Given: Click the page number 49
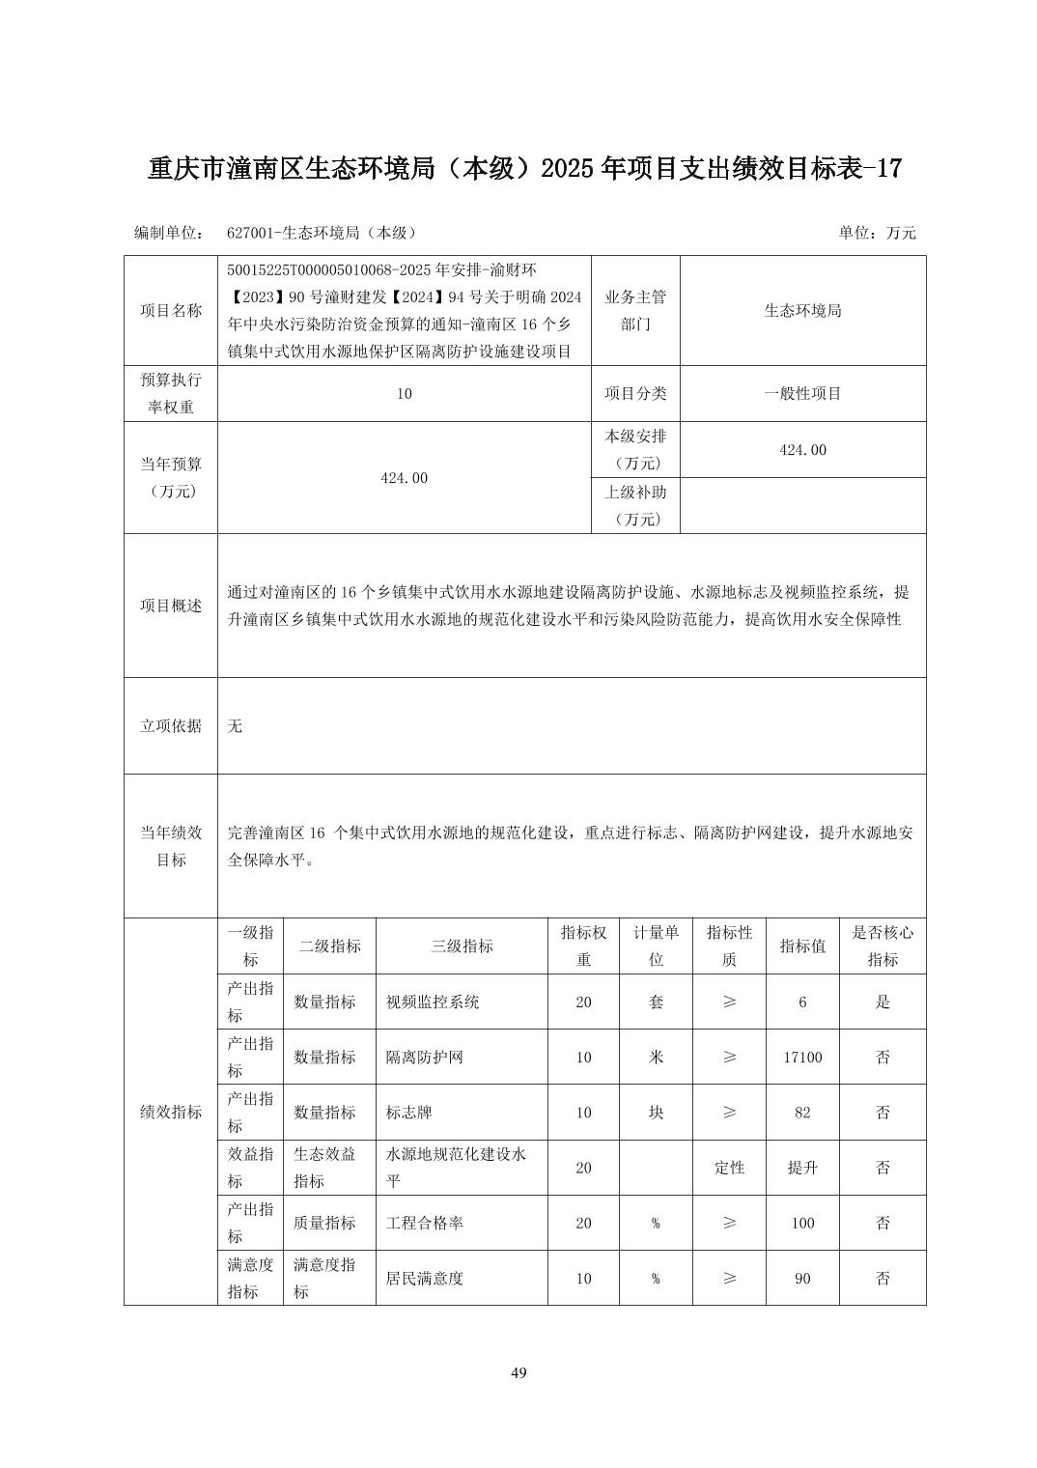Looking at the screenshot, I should pyautogui.click(x=518, y=1372).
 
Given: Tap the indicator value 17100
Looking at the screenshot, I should pyautogui.click(x=802, y=1058).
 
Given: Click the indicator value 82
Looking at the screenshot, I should pyautogui.click(x=802, y=1113).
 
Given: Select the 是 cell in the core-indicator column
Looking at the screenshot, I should pyautogui.click(x=883, y=1002).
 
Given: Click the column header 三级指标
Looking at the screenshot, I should pyautogui.click(x=462, y=946).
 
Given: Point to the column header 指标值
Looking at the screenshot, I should pyautogui.click(x=802, y=946).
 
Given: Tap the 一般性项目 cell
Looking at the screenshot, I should pyautogui.click(x=802, y=393).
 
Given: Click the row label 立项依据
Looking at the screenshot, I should pyautogui.click(x=171, y=725).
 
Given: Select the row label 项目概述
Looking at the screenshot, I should pyautogui.click(x=171, y=606).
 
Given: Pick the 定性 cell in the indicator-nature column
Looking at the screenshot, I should pyautogui.click(x=729, y=1168).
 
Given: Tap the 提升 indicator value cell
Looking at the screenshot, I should pyautogui.click(x=802, y=1168).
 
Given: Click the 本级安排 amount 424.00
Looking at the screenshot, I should pyautogui.click(x=802, y=450).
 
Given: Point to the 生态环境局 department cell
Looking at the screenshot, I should pyautogui.click(x=802, y=311).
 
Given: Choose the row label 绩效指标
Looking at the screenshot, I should pyautogui.click(x=171, y=1113).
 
